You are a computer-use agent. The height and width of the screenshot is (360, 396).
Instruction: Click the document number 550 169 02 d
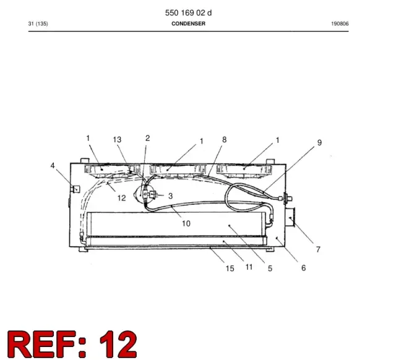pos(188,13)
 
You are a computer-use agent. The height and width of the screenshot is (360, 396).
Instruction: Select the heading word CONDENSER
pos(188,24)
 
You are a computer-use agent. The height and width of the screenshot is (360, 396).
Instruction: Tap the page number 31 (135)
pos(38,24)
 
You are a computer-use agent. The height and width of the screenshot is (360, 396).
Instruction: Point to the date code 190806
pos(340,24)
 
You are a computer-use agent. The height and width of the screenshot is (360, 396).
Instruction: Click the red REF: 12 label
pos(72,344)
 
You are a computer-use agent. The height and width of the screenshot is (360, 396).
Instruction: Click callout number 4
pos(53,166)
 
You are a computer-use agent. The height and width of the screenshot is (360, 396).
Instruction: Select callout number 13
pos(117,140)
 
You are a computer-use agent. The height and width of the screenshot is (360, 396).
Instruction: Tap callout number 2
pos(148,138)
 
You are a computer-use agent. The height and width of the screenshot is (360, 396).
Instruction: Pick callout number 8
pos(224,140)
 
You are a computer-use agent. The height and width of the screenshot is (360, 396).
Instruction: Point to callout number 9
pos(319,143)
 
